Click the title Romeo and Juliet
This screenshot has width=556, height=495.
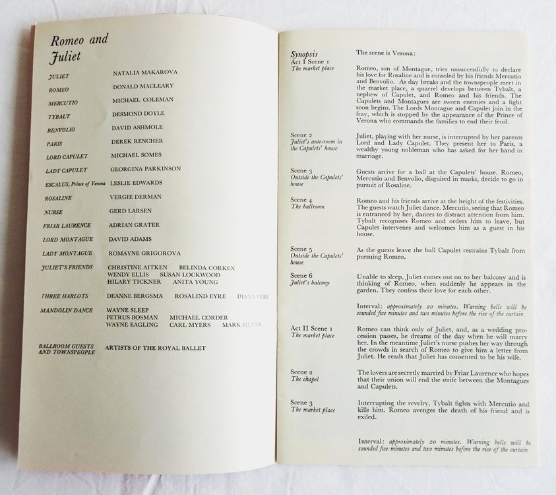(x=78, y=47)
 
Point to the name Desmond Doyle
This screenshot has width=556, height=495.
(x=140, y=113)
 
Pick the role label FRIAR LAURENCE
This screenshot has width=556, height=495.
(x=66, y=225)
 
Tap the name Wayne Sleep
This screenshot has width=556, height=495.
(x=127, y=310)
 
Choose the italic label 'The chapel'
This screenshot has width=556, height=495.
(x=305, y=379)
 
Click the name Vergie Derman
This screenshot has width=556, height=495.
(x=135, y=197)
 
